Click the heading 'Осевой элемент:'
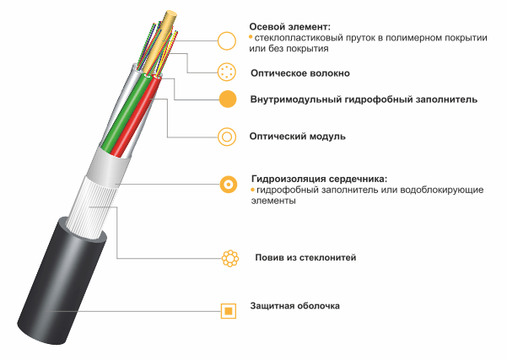(289, 27)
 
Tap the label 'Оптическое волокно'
(300, 73)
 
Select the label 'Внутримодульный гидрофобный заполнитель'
(364, 99)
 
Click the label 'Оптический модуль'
(297, 137)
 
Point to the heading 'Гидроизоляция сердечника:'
(319, 179)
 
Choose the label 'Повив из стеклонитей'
(305, 257)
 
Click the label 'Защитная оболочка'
(295, 306)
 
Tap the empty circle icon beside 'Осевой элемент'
(227, 41)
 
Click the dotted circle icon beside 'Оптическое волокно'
(227, 72)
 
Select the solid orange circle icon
(228, 99)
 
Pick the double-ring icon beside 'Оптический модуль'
(227, 137)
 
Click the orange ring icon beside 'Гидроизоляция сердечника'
(229, 185)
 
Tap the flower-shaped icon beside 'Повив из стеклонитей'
(230, 258)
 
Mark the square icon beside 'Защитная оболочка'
(229, 311)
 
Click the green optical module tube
(125, 113)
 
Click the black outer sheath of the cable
(62, 281)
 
